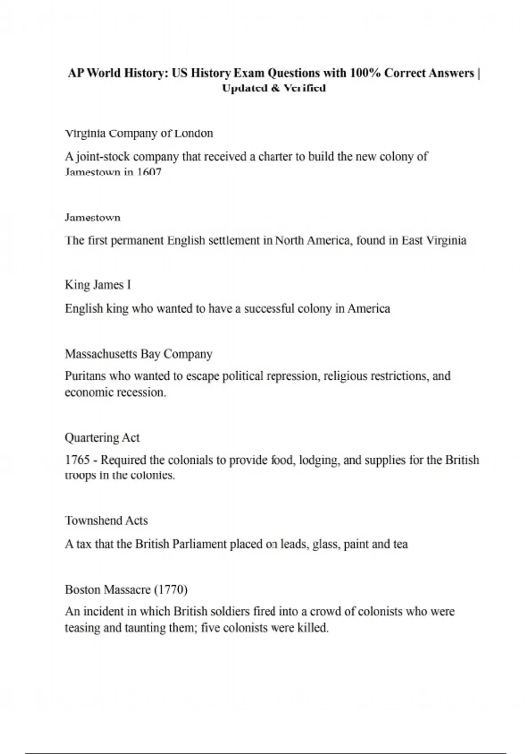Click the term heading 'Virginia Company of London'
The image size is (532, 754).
[139, 134]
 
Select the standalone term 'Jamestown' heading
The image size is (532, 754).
[92, 218]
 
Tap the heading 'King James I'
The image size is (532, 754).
[98, 285]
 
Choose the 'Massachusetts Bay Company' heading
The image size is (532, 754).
[138, 354]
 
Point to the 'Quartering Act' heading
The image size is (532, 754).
[102, 438]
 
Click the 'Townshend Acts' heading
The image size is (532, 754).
[106, 520]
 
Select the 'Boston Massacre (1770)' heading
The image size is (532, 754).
[126, 590]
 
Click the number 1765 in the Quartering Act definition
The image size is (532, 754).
[77, 460]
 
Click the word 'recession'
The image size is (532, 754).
[141, 393]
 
